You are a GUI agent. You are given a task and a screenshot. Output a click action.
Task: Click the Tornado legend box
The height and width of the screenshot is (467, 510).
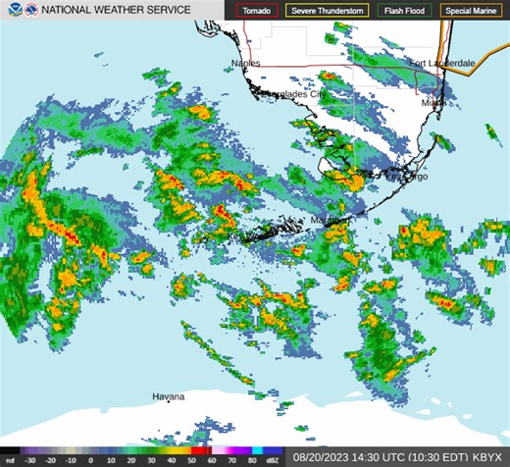tap(257, 11)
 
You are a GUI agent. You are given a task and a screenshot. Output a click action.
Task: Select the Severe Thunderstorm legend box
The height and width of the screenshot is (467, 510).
tap(328, 11)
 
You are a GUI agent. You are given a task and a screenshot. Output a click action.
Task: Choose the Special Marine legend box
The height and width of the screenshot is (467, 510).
tap(471, 11)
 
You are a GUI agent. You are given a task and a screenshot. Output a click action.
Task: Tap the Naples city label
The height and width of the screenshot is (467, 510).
tap(246, 64)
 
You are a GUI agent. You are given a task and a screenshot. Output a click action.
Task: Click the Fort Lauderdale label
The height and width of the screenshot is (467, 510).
tap(442, 63)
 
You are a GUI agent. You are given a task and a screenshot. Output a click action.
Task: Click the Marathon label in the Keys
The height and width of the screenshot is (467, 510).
tap(330, 222)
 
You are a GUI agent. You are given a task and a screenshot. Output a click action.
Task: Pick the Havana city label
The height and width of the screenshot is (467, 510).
tap(168, 395)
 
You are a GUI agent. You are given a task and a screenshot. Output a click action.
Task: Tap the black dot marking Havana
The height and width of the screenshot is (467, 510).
tap(169, 402)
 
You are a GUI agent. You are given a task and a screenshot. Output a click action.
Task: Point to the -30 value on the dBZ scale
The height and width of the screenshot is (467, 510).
tap(30, 459)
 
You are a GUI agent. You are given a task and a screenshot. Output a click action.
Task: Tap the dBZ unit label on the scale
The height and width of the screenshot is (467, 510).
tap(273, 459)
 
